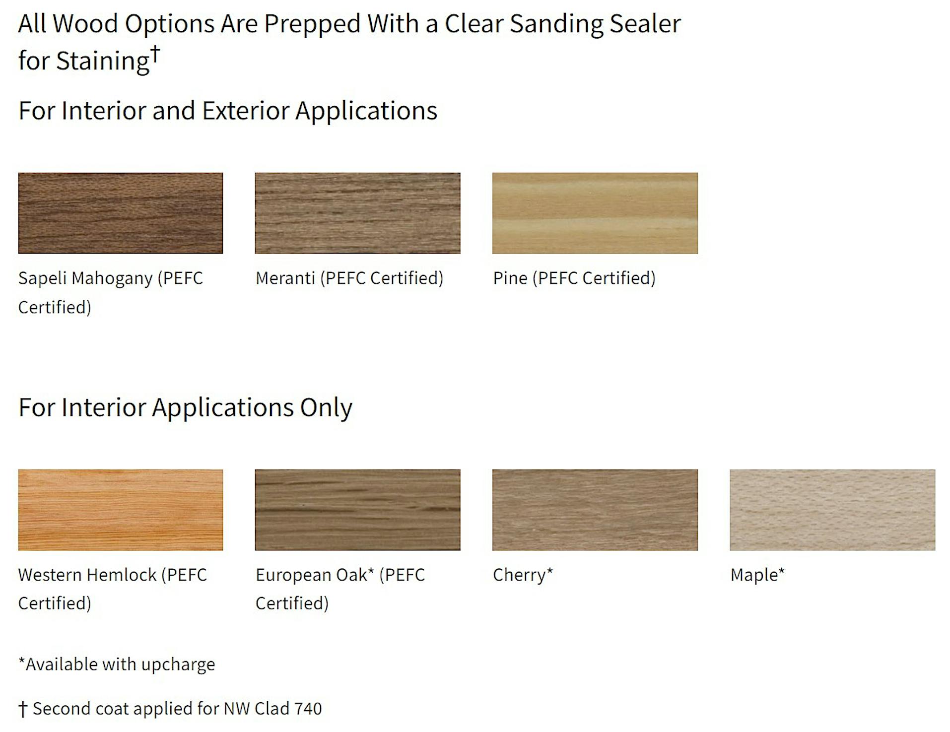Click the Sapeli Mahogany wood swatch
(121, 213)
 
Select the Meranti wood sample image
(357, 213)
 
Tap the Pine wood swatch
(595, 213)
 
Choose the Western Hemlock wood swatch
(121, 510)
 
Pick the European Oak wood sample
(357, 510)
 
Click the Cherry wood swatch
(595, 510)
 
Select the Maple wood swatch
(832, 510)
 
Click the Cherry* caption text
(523, 575)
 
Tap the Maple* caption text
(757, 575)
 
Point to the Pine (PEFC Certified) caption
(574, 278)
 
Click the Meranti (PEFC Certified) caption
(349, 278)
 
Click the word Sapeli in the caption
(42, 278)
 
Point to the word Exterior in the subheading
(245, 110)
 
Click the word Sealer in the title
(645, 24)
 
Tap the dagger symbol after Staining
(155, 54)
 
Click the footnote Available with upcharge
(117, 665)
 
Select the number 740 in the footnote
(308, 709)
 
